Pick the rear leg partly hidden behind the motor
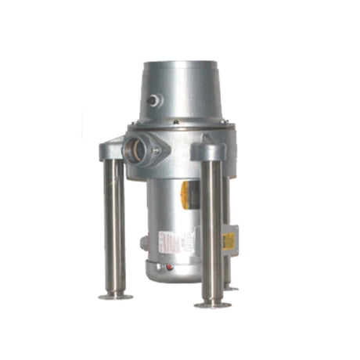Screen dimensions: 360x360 tap(226, 235)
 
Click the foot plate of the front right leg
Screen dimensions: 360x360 tap(212, 303)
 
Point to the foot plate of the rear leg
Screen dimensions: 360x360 tap(231, 289)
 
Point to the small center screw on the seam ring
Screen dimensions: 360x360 tap(178, 128)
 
